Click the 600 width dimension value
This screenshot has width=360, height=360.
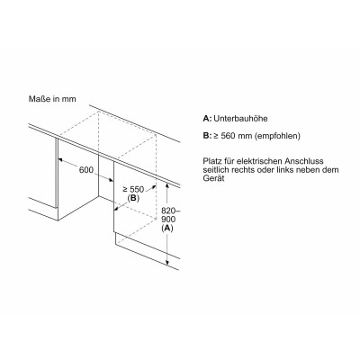click(x=86, y=170)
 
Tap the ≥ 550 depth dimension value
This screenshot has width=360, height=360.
click(x=133, y=190)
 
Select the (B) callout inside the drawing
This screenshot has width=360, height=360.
click(x=132, y=198)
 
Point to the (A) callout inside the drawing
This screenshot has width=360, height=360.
click(x=167, y=229)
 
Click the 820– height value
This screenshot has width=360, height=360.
click(x=168, y=211)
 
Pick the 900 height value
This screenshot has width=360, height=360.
click(x=168, y=220)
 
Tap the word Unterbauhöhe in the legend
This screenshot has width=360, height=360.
click(x=240, y=119)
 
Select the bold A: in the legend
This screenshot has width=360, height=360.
click(x=207, y=119)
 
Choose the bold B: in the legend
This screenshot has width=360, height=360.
click(x=207, y=136)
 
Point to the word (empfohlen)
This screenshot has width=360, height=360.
click(x=277, y=136)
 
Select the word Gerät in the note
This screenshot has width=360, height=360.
click(x=213, y=178)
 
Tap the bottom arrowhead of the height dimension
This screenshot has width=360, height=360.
click(x=167, y=263)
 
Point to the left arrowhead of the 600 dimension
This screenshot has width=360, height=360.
click(x=60, y=160)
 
